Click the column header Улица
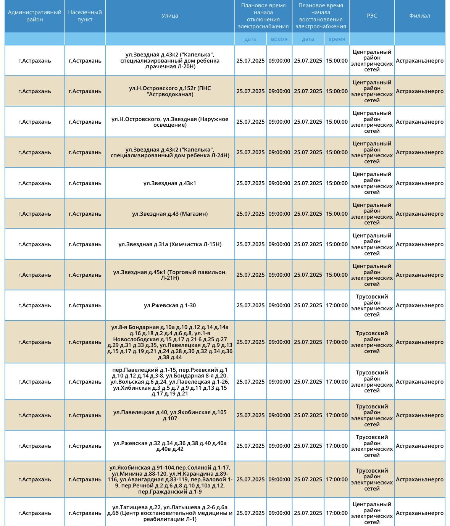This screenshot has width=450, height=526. (170, 16)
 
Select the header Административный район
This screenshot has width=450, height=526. (34, 16)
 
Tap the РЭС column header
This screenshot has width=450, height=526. (372, 16)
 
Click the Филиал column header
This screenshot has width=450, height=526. (419, 16)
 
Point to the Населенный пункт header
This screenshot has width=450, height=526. (85, 16)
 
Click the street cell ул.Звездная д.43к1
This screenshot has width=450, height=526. (170, 183)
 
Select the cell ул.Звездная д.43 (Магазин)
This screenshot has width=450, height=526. (170, 214)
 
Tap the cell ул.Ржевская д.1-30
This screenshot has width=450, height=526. (170, 305)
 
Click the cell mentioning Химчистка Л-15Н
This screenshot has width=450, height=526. (170, 244)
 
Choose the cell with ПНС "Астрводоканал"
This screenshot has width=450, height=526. (170, 91)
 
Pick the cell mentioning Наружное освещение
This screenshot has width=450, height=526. (170, 122)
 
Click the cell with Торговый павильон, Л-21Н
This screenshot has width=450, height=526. (170, 275)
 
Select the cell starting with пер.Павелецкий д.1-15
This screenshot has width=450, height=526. (170, 382)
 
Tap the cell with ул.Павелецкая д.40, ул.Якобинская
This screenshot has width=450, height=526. (170, 415)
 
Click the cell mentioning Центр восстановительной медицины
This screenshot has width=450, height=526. (170, 513)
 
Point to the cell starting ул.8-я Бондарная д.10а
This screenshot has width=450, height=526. (170, 342)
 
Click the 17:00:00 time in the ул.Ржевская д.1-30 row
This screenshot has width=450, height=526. (337, 305)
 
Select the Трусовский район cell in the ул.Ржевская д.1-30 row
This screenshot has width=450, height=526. (372, 305)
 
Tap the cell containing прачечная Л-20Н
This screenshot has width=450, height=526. (170, 61)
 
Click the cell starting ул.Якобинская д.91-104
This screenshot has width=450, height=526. (170, 479)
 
